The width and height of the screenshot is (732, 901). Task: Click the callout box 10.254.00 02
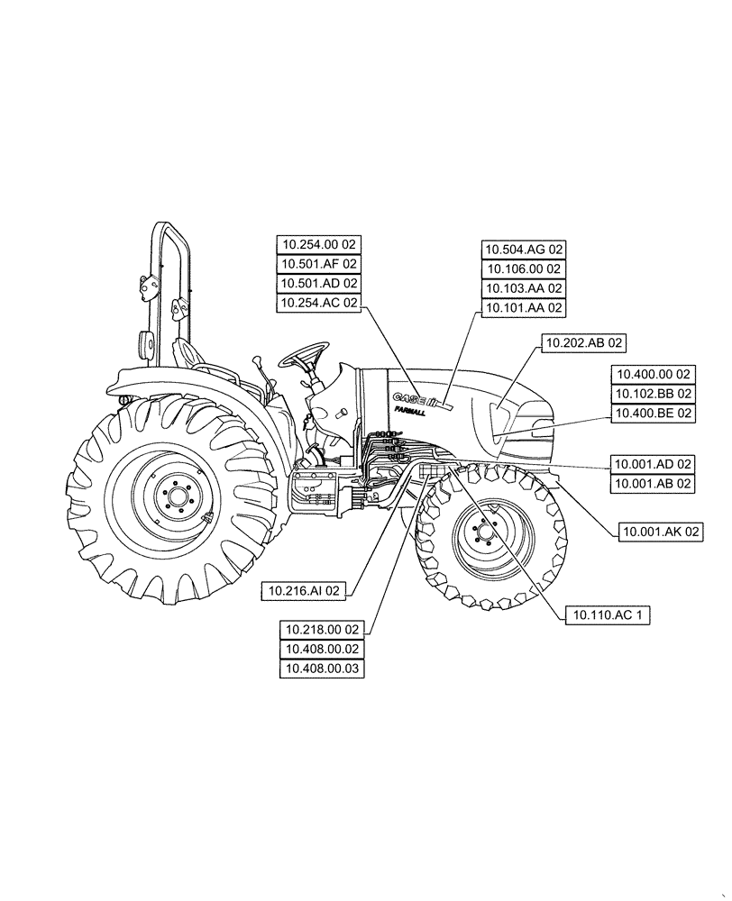pos(319,244)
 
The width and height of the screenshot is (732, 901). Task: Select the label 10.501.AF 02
pos(319,264)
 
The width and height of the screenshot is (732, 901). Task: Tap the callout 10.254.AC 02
pos(319,304)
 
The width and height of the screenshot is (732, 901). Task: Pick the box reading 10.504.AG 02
pos(524,250)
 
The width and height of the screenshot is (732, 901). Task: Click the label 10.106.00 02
pos(524,268)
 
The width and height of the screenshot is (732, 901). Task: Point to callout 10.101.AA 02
pos(524,308)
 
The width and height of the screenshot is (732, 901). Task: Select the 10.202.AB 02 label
pos(583,342)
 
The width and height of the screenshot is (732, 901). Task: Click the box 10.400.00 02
pos(653,374)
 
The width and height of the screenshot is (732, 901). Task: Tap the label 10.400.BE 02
pos(653,414)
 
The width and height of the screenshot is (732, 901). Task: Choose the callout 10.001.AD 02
pos(653,464)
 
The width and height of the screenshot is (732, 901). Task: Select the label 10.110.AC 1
pos(608,615)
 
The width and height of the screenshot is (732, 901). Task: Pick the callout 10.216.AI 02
pos(307,591)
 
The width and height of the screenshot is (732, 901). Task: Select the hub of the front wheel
pos(488,534)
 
